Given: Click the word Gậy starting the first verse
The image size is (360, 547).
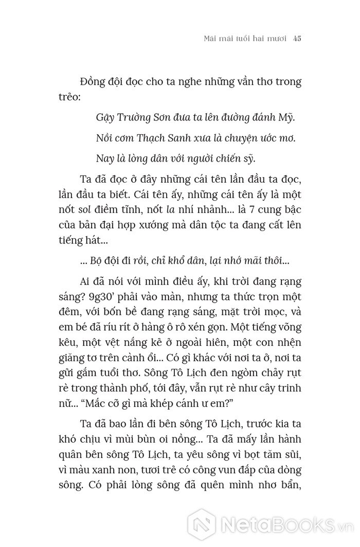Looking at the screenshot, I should [x=104, y=117].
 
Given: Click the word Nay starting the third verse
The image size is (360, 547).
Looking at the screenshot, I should [x=105, y=158].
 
